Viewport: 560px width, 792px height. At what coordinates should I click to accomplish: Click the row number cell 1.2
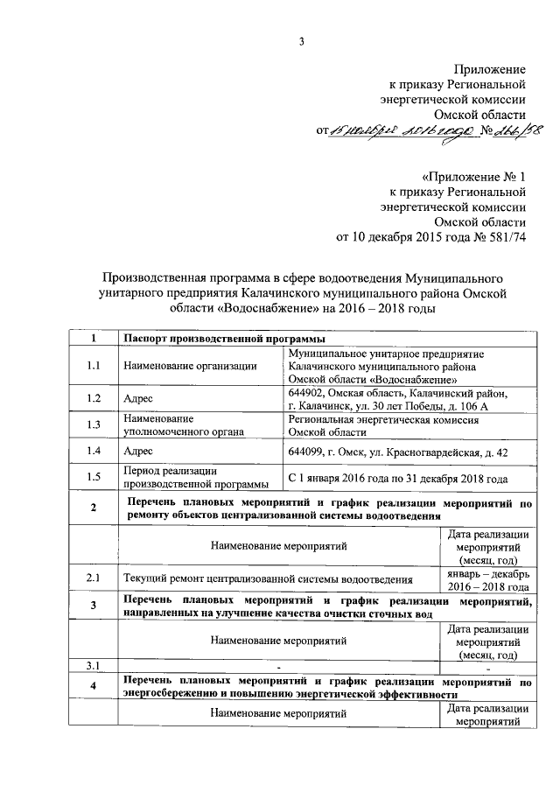click(94, 398)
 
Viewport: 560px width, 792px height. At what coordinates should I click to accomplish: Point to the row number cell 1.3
click(94, 425)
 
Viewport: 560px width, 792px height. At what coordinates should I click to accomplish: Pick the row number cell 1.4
click(94, 451)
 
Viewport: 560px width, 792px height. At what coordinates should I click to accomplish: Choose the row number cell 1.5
click(94, 478)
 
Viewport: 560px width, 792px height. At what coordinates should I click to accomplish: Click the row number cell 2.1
click(94, 578)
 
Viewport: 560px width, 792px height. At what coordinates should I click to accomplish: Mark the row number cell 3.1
click(94, 665)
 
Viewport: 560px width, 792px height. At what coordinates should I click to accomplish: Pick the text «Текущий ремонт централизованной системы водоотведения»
click(268, 578)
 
